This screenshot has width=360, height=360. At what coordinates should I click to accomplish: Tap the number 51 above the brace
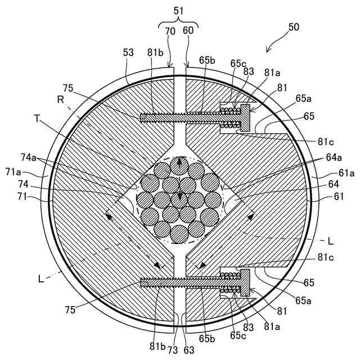click(x=179, y=9)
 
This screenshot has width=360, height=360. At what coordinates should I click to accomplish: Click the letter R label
click(x=61, y=99)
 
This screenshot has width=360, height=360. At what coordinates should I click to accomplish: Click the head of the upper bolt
click(x=245, y=117)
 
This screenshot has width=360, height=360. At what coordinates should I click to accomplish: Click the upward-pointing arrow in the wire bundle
click(x=180, y=164)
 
